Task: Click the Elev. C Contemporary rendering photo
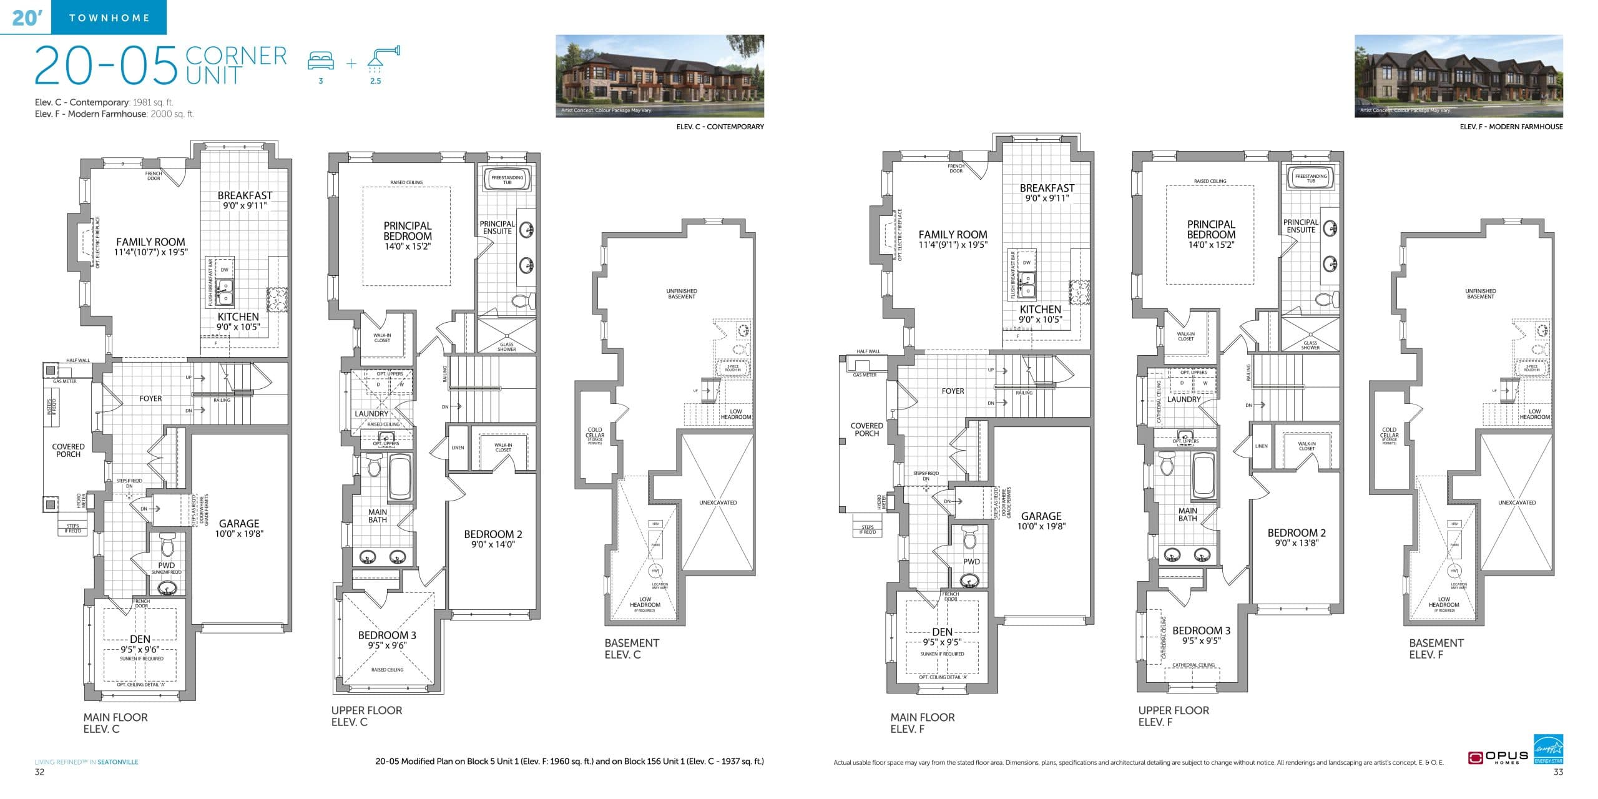659,76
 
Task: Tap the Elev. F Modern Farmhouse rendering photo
1458,76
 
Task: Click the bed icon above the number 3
321,61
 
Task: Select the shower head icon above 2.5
383,56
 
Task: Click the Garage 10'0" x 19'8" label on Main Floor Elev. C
239,528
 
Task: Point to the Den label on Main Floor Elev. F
942,632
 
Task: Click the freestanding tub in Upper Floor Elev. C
507,179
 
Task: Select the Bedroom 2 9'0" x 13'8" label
1297,537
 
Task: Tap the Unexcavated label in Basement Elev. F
1517,502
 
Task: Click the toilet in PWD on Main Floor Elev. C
167,546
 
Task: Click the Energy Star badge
1548,748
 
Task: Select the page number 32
39,772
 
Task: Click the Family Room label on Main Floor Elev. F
953,239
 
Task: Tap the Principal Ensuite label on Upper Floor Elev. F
1300,226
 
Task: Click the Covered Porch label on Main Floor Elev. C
68,450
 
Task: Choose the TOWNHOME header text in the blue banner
109,17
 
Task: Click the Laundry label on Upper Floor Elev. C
371,414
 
